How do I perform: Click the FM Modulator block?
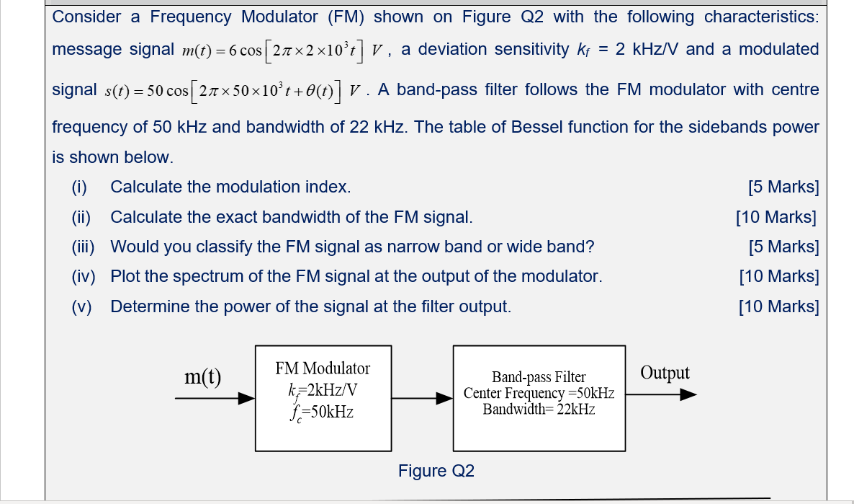(323, 398)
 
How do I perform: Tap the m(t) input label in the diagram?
(202, 376)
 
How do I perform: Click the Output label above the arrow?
(665, 373)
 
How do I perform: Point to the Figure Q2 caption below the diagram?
(436, 471)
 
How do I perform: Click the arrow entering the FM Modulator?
(215, 398)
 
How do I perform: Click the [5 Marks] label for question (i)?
(783, 187)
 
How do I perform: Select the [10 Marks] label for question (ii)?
(776, 217)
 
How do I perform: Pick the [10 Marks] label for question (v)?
(778, 306)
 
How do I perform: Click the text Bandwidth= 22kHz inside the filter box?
(539, 410)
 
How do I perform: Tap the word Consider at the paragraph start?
(86, 17)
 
